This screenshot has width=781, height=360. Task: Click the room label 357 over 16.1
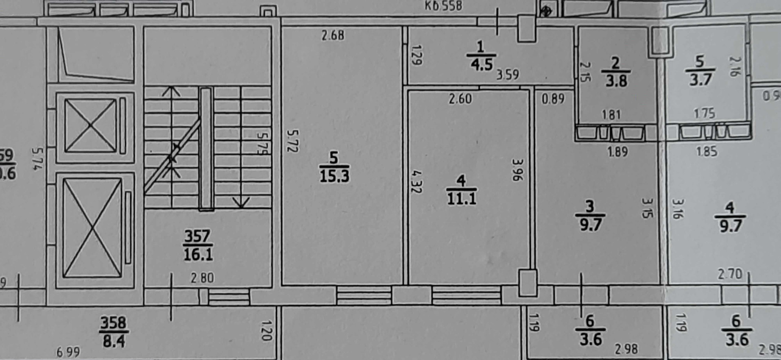pyautogui.click(x=198, y=245)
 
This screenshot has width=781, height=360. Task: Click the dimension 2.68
pyautogui.click(x=333, y=35)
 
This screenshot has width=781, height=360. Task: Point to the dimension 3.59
pyautogui.click(x=507, y=74)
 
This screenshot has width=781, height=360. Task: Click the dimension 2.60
pyautogui.click(x=460, y=98)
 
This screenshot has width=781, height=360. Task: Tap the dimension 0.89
pyautogui.click(x=553, y=98)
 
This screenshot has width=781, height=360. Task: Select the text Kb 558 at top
pyautogui.click(x=443, y=6)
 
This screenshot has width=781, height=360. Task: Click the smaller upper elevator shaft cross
pyautogui.click(x=90, y=126)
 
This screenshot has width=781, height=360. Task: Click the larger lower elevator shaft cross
pyautogui.click(x=93, y=228)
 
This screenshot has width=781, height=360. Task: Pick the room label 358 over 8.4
pyautogui.click(x=113, y=332)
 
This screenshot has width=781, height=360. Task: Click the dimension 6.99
pyautogui.click(x=68, y=352)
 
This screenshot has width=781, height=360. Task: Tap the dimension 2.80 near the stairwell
pyautogui.click(x=202, y=278)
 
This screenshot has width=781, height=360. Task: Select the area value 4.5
pyautogui.click(x=482, y=64)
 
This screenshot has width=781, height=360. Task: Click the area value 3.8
pyautogui.click(x=616, y=81)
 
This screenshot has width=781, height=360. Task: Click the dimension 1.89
pyautogui.click(x=617, y=152)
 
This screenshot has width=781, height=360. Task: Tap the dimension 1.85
pyautogui.click(x=707, y=151)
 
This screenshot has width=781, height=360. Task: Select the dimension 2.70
pyautogui.click(x=730, y=274)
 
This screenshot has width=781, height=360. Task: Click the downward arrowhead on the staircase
pyautogui.click(x=241, y=203)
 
